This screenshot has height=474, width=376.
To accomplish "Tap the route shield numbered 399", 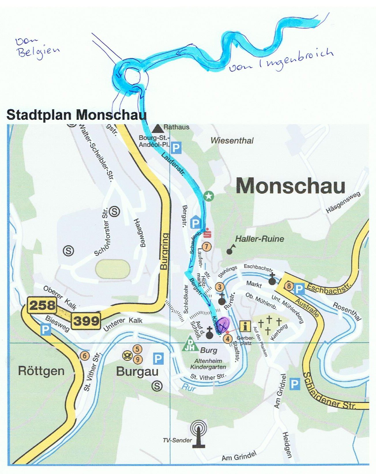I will [86, 321].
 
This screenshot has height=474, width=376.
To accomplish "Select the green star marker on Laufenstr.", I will [209, 196].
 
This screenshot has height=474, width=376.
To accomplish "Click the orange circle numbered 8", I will [289, 286].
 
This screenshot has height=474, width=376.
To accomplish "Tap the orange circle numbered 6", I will [84, 355].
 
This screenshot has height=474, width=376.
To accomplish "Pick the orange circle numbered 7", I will [207, 246].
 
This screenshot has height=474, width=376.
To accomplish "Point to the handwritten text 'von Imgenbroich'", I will [281, 60].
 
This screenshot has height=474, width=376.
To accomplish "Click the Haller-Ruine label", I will [260, 239].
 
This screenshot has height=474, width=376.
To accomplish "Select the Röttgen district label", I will [41, 371].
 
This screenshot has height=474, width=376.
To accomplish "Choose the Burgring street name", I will [164, 252].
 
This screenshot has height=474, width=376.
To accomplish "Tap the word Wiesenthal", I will [232, 141].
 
